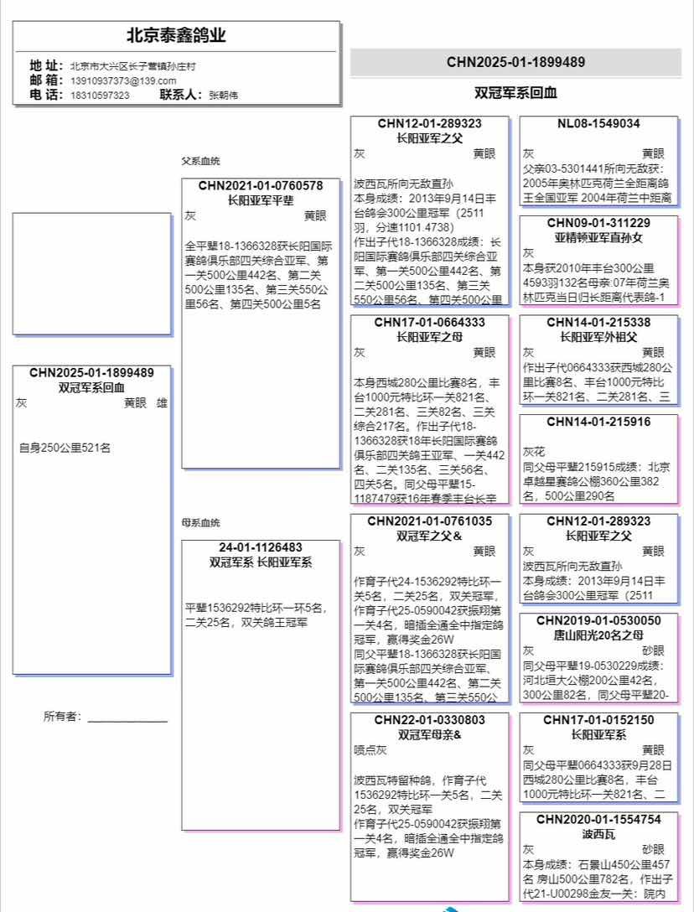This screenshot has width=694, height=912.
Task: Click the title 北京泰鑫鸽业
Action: pyautogui.click(x=176, y=36)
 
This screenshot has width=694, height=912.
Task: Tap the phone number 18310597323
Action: pyautogui.click(x=100, y=96)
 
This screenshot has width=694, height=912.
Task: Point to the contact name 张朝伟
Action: pyautogui.click(x=223, y=96)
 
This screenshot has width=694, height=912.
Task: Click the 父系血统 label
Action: pyautogui.click(x=200, y=161)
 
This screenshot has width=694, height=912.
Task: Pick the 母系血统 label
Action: pyautogui.click(x=200, y=523)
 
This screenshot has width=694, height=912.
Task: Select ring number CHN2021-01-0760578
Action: pyautogui.click(x=261, y=185)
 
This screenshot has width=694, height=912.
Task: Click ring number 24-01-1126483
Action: pyautogui.click(x=261, y=547)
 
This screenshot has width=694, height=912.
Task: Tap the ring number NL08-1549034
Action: pyautogui.click(x=598, y=123)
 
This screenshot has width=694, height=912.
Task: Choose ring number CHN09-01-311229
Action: pyautogui.click(x=598, y=223)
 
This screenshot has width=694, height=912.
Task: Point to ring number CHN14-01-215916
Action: pyautogui.click(x=598, y=422)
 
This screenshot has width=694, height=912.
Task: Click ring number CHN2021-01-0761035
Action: pyautogui.click(x=429, y=521)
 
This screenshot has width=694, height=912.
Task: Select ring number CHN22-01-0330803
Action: pyautogui.click(x=429, y=720)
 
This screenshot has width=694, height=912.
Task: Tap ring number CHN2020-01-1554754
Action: pyautogui.click(x=598, y=819)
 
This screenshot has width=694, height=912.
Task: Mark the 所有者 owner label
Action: pyautogui.click(x=62, y=717)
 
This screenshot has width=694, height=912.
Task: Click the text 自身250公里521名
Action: pyautogui.click(x=65, y=448)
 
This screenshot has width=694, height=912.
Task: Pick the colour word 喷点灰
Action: pyautogui.click(x=370, y=750)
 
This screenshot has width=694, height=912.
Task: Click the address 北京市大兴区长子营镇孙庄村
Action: pyautogui.click(x=133, y=65)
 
